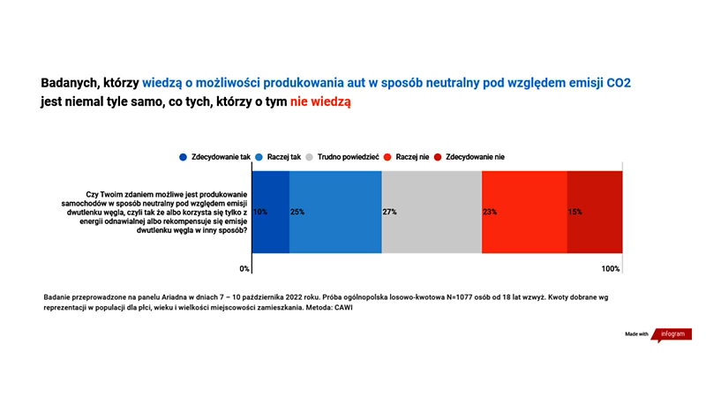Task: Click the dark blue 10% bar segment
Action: click(x=271, y=212)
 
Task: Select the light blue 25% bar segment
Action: click(x=335, y=212)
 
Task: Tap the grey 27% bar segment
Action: click(x=432, y=212)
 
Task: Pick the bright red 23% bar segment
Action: click(x=524, y=212)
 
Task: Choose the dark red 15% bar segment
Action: click(x=595, y=212)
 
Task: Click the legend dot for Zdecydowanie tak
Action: click(x=183, y=157)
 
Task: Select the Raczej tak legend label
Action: click(x=283, y=157)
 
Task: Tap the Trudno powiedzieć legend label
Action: click(x=348, y=157)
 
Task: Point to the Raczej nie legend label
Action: click(x=412, y=157)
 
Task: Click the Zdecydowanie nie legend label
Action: click(x=475, y=157)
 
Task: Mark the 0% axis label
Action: click(x=244, y=269)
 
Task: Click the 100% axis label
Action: click(x=611, y=269)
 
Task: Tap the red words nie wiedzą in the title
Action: click(x=320, y=101)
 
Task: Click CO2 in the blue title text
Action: click(x=619, y=83)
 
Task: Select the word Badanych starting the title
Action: click(x=70, y=83)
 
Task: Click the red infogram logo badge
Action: click(x=672, y=334)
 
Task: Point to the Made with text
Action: click(x=636, y=334)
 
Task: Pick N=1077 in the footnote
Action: click(x=462, y=297)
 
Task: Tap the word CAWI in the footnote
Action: click(x=343, y=308)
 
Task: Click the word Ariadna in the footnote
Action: click(x=174, y=297)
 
